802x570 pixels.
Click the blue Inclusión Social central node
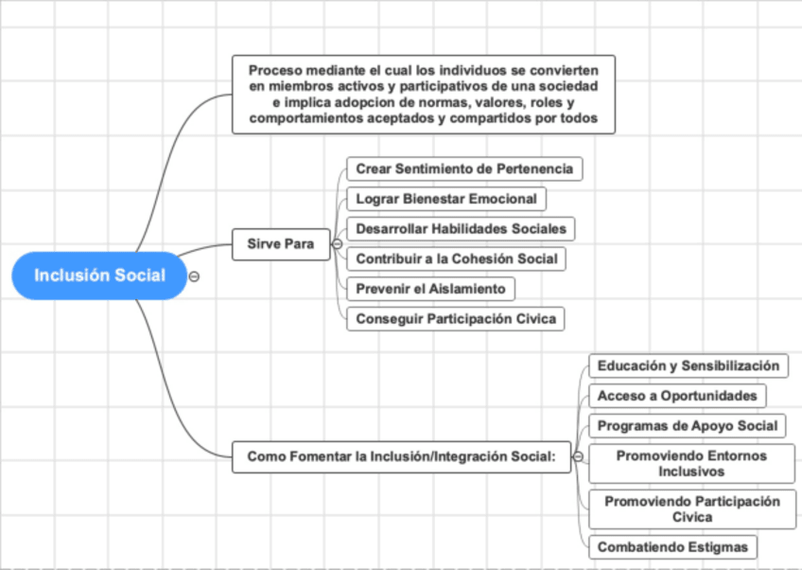(x=99, y=276)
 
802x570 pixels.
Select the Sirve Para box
(x=280, y=243)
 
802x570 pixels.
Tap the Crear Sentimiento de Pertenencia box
(x=464, y=169)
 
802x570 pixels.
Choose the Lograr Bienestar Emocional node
(x=446, y=199)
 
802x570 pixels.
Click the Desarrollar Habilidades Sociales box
(x=461, y=228)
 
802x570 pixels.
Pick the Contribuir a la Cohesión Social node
(x=456, y=258)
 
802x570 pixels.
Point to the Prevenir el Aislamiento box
(x=430, y=289)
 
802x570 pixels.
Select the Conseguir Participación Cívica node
(x=456, y=319)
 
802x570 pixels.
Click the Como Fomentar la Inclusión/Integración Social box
(x=401, y=456)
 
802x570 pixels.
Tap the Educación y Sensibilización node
(x=689, y=365)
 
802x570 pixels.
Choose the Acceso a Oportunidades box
(x=677, y=395)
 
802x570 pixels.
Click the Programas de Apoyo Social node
(x=688, y=425)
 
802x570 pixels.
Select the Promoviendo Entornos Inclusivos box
(x=691, y=463)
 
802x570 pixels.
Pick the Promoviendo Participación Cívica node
(x=692, y=508)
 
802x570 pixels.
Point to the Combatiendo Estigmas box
(x=672, y=546)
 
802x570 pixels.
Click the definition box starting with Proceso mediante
(x=423, y=95)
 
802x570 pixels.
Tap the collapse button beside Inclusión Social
(x=194, y=276)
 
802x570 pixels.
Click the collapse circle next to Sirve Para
(x=337, y=244)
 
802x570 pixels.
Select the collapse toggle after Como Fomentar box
(x=578, y=456)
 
